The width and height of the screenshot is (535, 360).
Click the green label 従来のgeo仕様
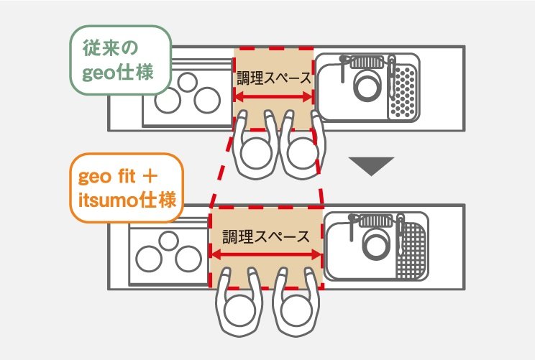pyautogui.click(x=120, y=60)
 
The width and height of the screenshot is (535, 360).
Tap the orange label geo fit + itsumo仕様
pyautogui.click(x=127, y=188)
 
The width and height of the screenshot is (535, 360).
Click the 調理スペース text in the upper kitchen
pyautogui.click(x=274, y=78)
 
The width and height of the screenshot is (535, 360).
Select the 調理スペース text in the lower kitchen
pyautogui.click(x=266, y=236)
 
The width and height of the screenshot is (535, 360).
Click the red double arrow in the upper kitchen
pyautogui.click(x=273, y=97)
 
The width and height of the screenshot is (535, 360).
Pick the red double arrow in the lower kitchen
pyautogui.click(x=266, y=254)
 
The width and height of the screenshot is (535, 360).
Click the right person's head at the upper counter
pyautogui.click(x=303, y=152)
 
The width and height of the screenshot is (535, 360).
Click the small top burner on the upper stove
pyautogui.click(x=187, y=83)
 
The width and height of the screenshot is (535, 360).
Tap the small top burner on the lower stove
pyautogui.click(x=168, y=241)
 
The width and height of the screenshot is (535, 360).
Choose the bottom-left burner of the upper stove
pyautogui.click(x=168, y=101)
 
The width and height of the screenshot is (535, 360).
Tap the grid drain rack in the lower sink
pyautogui.click(x=411, y=251)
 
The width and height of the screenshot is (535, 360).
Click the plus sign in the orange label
pyautogui.click(x=150, y=177)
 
